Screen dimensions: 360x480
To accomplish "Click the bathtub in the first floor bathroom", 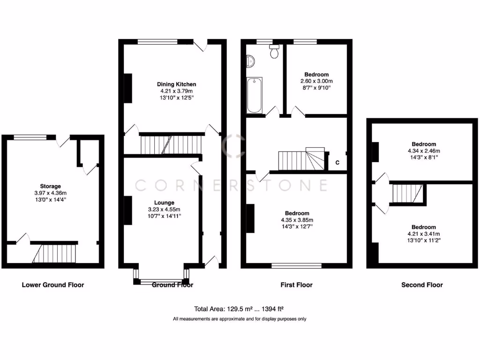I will tap(255, 95).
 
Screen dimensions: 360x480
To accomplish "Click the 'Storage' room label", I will tap(50, 186).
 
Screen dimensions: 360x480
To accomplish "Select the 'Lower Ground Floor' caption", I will tap(53, 285).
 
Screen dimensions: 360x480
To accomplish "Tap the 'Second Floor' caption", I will tap(422, 285).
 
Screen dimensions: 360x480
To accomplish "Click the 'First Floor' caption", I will tap(297, 285).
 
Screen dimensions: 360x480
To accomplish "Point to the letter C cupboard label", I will tap(337, 163).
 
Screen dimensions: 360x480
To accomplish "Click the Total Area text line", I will tap(240, 309).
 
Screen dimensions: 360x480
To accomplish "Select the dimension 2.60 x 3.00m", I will tap(316, 81).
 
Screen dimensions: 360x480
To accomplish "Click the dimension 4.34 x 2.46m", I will tap(424, 151).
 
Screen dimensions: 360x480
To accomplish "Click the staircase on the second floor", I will tap(407, 193).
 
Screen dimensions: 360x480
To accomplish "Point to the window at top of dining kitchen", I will tap(158, 42).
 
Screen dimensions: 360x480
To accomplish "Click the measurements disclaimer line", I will tap(240, 319).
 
